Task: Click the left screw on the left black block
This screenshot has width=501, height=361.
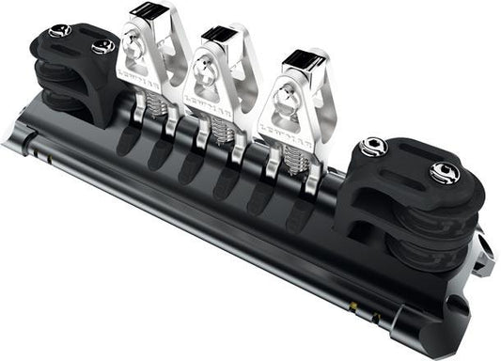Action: click(58, 30)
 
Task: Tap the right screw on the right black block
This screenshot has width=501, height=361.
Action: click(442, 172)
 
